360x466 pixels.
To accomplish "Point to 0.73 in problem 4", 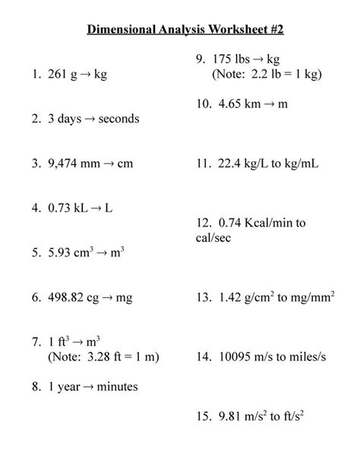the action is point(59,207).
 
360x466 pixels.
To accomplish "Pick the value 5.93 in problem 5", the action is point(59,252).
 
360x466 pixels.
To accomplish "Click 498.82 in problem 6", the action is point(66,298).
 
